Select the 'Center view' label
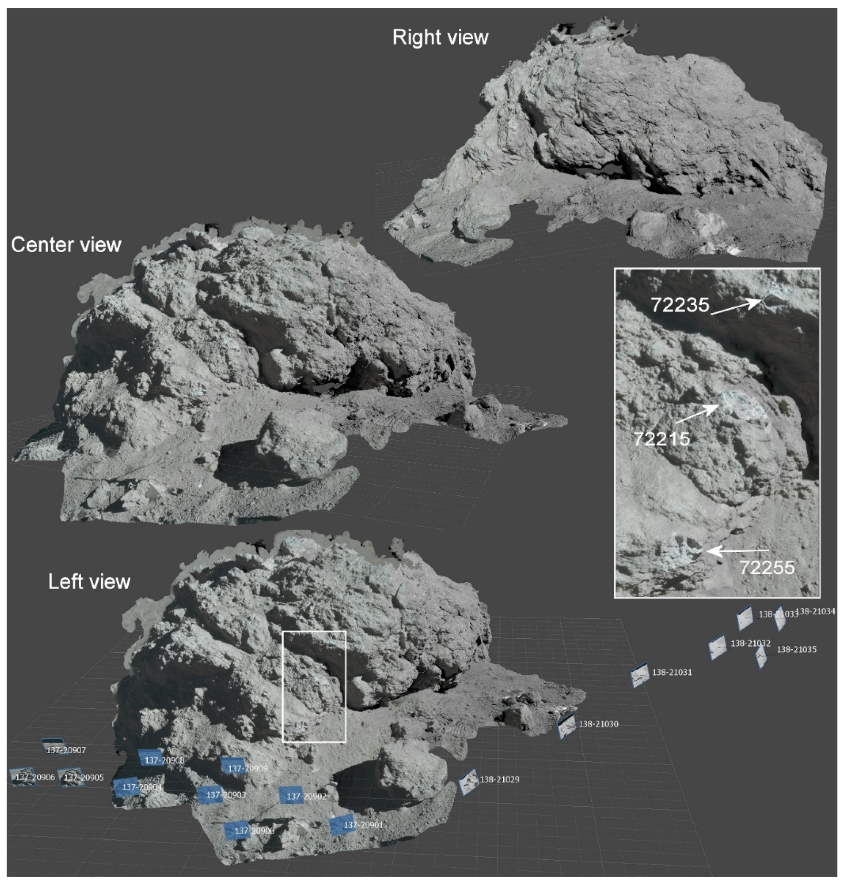(x=66, y=245)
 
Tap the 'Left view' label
(x=89, y=582)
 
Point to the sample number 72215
(x=662, y=438)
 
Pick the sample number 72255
(x=767, y=568)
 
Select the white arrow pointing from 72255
(x=736, y=550)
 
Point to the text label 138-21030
(x=598, y=724)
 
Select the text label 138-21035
(x=796, y=649)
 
